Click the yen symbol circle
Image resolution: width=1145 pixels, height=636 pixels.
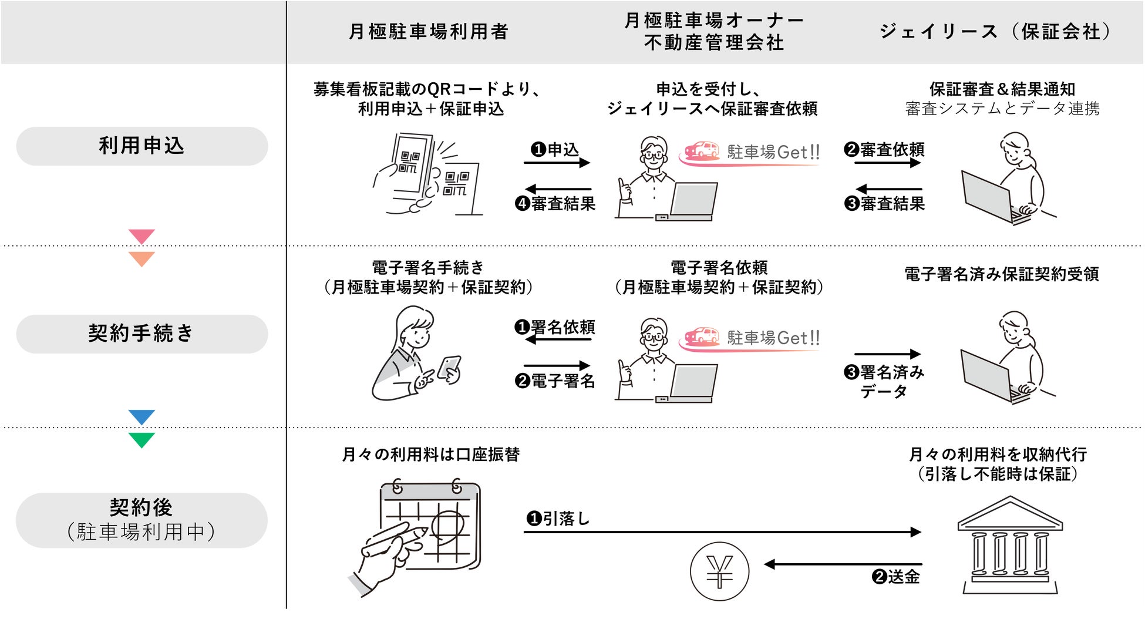click(719, 571)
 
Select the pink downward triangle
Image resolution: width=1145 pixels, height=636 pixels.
click(142, 235)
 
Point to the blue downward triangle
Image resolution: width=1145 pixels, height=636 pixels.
click(142, 416)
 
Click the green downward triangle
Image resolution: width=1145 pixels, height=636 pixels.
click(142, 439)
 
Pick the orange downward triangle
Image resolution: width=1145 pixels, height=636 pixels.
click(142, 258)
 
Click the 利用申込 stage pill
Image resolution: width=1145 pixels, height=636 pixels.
click(142, 146)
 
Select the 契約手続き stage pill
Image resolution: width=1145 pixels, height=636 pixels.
click(142, 334)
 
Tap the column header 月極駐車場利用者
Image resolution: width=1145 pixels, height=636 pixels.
click(428, 32)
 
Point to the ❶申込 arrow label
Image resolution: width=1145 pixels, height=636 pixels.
click(555, 150)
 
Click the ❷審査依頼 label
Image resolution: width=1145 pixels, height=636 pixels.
click(884, 150)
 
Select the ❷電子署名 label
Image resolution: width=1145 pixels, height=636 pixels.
click(555, 381)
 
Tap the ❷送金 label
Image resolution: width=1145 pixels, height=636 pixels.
click(895, 577)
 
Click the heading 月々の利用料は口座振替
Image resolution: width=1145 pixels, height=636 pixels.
click(430, 455)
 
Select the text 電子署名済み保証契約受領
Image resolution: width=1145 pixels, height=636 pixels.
click(1001, 274)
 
